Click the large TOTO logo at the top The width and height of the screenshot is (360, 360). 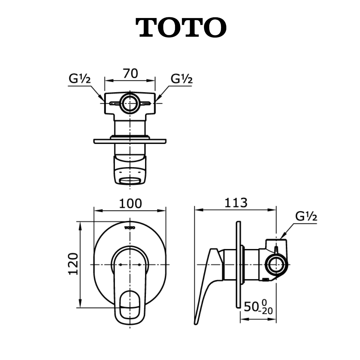(181, 27)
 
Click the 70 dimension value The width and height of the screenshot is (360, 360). (130, 74)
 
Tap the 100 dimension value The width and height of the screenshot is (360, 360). (130, 203)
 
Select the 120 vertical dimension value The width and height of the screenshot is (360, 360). (73, 264)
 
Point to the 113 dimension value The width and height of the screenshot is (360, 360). (236, 203)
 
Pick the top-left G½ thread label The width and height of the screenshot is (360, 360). (79, 79)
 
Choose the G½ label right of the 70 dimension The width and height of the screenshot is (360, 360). (181, 79)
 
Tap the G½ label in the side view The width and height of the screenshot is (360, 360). (306, 216)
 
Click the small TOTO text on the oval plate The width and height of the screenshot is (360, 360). (130, 228)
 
